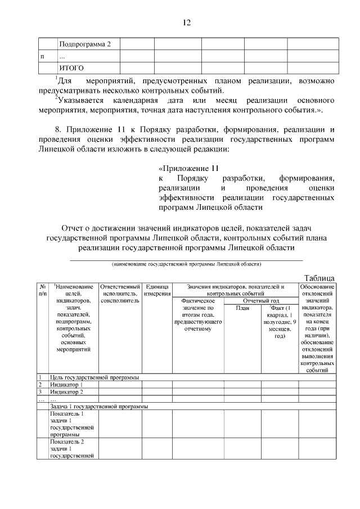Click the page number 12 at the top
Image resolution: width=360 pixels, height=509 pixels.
pos(186,23)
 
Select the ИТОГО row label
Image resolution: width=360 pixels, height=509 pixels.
pos(72,68)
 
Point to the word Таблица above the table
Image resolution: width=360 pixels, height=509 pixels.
pos(319,278)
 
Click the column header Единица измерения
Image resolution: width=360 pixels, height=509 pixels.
pos(156,290)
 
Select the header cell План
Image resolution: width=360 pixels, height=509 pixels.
pos(242,308)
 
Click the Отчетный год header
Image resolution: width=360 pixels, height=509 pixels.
pos(261,301)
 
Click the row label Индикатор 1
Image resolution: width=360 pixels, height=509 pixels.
pos(66,385)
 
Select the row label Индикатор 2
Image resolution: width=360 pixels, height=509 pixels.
pos(66,392)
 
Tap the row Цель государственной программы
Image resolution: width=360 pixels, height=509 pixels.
pos(94,377)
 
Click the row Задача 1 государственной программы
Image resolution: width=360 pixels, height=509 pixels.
pos(99,406)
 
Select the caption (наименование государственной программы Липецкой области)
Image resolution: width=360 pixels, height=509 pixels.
pos(186,263)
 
